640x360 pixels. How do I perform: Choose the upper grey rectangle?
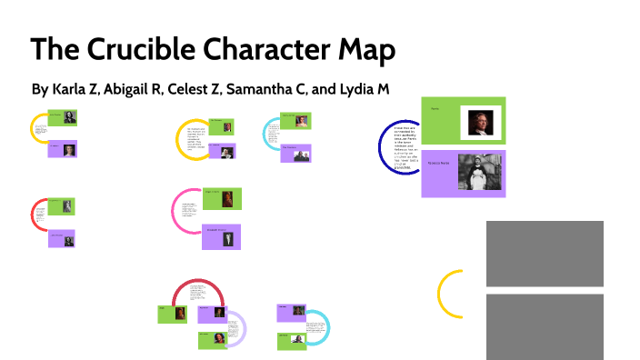545,254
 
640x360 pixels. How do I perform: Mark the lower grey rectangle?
545,325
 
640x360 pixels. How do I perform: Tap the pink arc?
175,211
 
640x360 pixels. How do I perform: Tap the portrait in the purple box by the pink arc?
227,237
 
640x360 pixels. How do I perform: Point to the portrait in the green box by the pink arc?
227,198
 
